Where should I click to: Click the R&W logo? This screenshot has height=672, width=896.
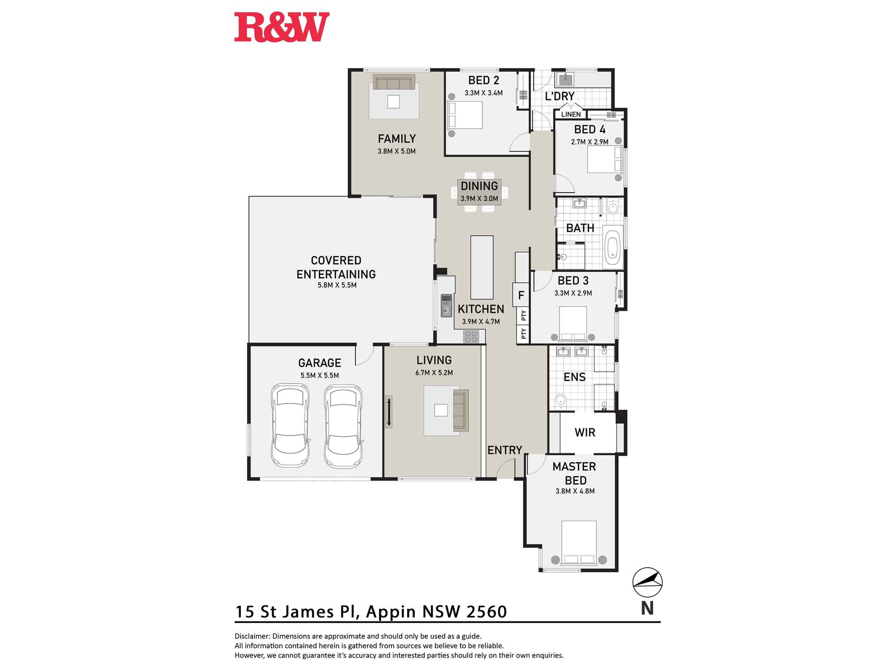click(x=282, y=28)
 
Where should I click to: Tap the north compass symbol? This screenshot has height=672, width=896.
click(x=647, y=582)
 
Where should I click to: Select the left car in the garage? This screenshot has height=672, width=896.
click(x=290, y=426)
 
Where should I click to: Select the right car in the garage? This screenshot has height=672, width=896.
click(x=343, y=426)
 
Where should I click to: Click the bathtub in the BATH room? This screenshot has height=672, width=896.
click(x=612, y=247)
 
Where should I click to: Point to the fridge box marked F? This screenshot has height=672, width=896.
click(x=521, y=295)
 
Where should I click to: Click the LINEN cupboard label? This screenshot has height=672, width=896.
click(x=571, y=114)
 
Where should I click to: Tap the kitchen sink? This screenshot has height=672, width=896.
click(x=446, y=306)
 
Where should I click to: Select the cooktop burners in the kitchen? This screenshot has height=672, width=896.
click(x=471, y=336)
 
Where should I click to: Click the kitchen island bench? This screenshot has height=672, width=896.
click(x=482, y=267)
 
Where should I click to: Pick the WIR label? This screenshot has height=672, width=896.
click(x=585, y=433)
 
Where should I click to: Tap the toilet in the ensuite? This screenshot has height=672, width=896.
click(x=560, y=400)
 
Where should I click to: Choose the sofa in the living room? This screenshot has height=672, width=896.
click(x=461, y=410)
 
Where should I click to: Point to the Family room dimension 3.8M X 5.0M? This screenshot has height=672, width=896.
click(x=396, y=151)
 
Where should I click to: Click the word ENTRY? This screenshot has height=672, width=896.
click(x=504, y=450)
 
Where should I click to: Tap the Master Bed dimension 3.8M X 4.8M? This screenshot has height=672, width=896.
click(x=575, y=491)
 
